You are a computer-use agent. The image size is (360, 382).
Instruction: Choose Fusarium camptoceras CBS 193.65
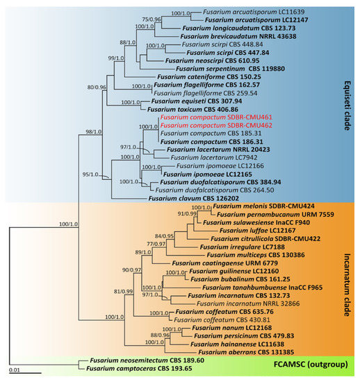pos(143,369)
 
